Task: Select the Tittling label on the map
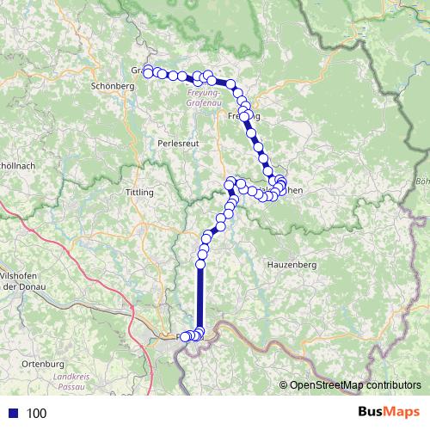click(139, 192)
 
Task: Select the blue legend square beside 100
click(13, 413)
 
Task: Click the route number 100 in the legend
click(37, 413)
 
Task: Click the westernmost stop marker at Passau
click(183, 337)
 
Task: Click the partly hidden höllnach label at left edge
click(15, 163)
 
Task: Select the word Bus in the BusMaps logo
click(372, 412)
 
